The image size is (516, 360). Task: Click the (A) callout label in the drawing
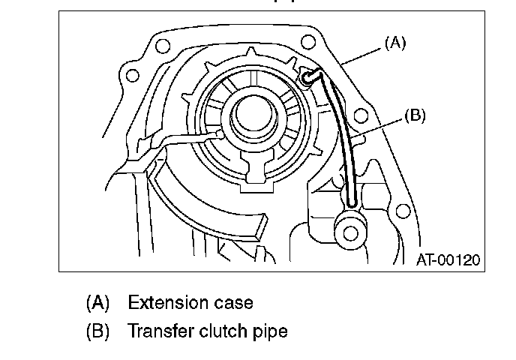(x=394, y=43)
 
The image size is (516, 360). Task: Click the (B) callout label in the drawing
(x=414, y=115)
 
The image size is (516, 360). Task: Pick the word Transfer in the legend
(x=160, y=330)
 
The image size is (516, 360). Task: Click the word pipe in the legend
(x=271, y=331)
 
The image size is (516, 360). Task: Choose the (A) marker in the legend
(x=97, y=303)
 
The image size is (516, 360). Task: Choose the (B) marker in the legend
(x=97, y=330)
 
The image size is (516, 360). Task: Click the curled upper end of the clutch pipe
(x=309, y=75)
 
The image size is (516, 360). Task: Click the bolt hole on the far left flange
(x=133, y=75)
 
